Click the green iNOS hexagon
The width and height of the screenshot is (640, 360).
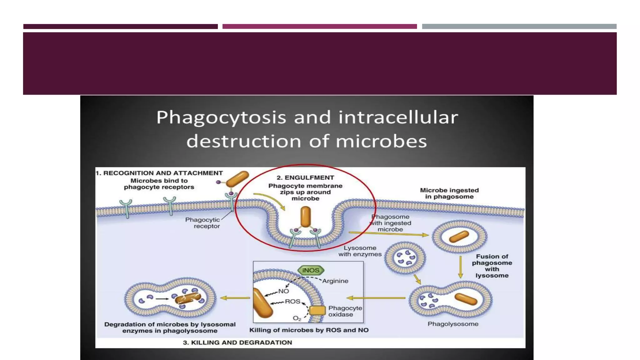[x=311, y=270]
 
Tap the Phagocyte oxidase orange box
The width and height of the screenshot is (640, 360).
[x=317, y=310]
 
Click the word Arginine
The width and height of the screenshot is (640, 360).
[x=335, y=281]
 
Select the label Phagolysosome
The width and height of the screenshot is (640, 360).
[x=453, y=324]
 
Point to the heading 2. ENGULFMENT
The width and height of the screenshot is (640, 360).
[x=305, y=178]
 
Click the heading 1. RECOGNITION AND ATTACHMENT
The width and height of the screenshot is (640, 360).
[x=159, y=173]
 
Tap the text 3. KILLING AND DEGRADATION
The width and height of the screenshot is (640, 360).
[x=237, y=342]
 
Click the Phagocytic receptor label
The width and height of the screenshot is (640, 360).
[x=202, y=223]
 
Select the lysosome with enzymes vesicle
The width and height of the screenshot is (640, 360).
[x=405, y=258]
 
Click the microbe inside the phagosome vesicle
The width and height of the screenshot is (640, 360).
[x=459, y=237]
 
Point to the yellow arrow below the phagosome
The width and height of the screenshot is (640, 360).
[x=460, y=267]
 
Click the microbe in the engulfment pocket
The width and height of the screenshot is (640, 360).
[x=305, y=217]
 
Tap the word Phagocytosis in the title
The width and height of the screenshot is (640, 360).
[x=221, y=117]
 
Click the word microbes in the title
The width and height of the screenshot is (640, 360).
[x=381, y=141]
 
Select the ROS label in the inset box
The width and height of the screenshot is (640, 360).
[x=292, y=302]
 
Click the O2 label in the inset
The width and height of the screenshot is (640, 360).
[x=297, y=318]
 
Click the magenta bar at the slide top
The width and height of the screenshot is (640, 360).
[x=319, y=27]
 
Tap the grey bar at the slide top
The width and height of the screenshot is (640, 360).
[x=519, y=27]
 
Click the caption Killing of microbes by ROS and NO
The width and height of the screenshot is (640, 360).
[x=309, y=330]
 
